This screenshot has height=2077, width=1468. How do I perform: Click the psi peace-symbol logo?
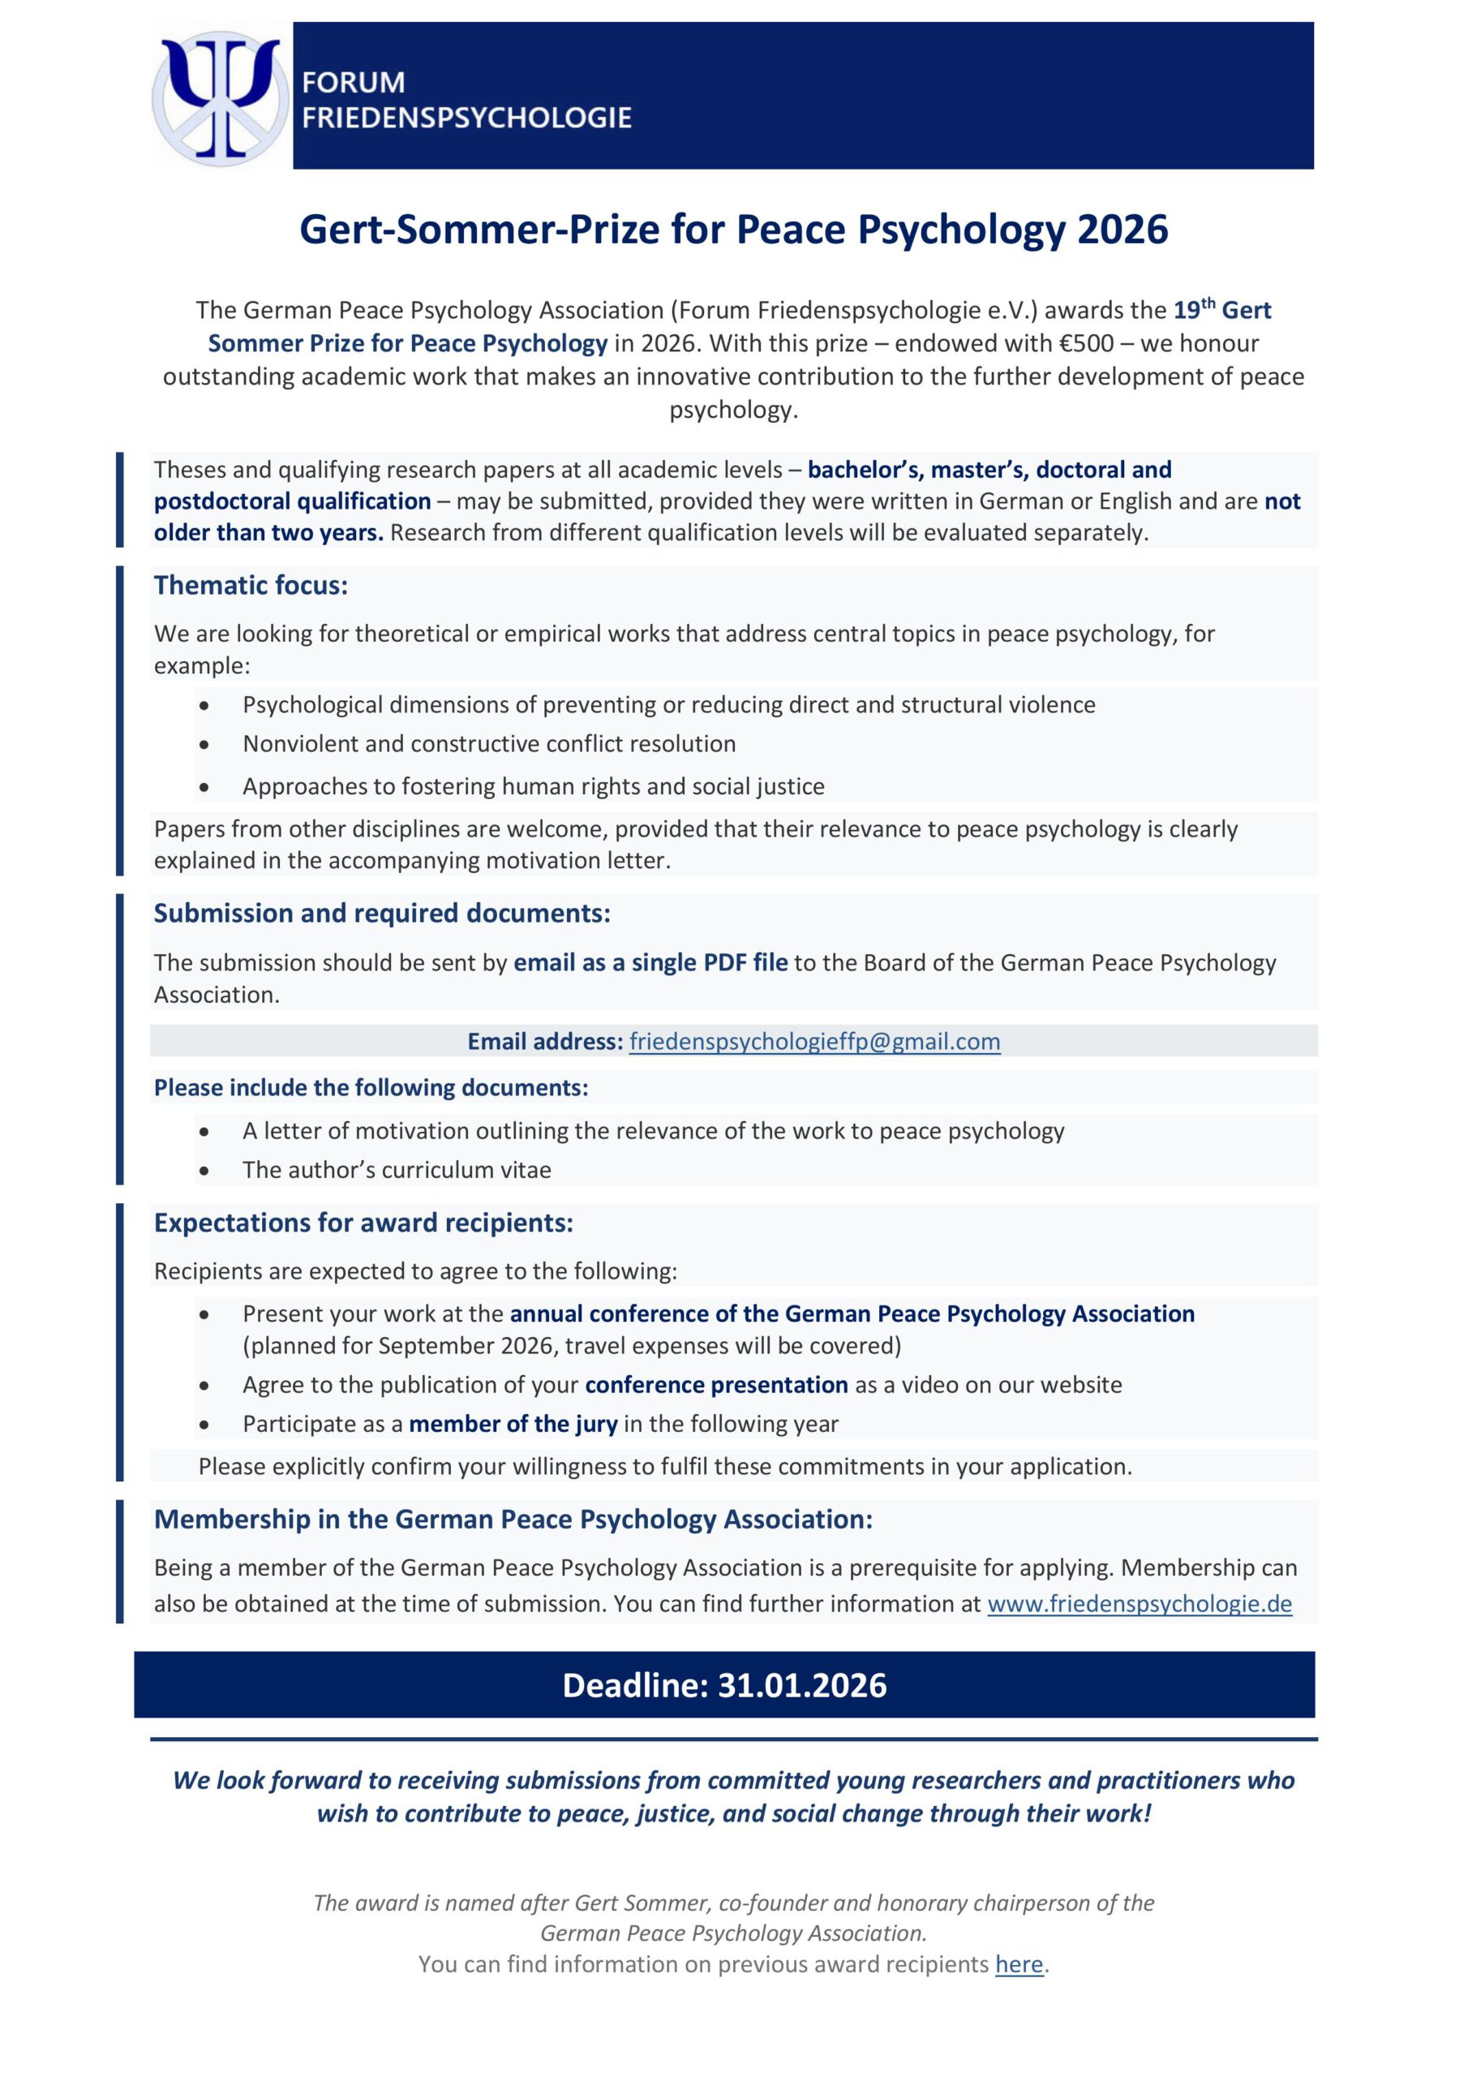(220, 96)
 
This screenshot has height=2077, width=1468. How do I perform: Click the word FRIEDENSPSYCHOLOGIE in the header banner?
(466, 118)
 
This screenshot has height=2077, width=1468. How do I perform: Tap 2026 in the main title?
(1122, 230)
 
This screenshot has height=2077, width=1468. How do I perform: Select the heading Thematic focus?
(251, 585)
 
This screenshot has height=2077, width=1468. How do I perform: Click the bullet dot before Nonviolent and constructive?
(204, 746)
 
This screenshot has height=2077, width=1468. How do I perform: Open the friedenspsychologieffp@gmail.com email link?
(814, 1041)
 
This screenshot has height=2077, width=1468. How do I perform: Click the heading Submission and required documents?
(382, 913)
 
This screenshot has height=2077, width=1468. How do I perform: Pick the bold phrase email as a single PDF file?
(650, 962)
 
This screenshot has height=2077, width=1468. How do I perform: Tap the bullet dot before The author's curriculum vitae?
(204, 1171)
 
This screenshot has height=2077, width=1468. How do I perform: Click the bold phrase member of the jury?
(513, 1424)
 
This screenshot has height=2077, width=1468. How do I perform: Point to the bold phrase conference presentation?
(716, 1385)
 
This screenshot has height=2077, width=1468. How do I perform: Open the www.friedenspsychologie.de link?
(1139, 1604)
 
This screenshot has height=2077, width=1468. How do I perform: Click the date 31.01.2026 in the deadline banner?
(802, 1685)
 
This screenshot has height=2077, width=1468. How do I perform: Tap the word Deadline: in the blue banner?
(635, 1685)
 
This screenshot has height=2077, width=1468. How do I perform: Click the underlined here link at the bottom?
(1019, 1964)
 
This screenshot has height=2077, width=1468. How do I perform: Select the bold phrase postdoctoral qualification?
(292, 501)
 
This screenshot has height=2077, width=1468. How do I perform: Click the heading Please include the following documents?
(371, 1087)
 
